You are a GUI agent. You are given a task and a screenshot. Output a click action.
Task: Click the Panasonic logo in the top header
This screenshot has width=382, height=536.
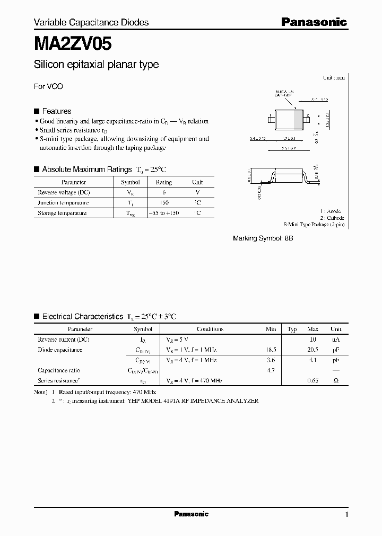(314, 22)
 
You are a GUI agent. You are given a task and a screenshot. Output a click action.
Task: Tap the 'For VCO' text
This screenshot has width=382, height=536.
(48, 86)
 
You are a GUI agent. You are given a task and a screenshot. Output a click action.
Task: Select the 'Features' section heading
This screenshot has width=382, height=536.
(56, 111)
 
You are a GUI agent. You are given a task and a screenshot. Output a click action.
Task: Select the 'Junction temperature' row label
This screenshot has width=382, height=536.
(63, 203)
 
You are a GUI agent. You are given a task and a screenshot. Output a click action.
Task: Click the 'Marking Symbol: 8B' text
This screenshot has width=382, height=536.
(263, 239)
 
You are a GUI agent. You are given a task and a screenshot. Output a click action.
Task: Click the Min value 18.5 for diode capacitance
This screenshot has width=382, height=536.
(271, 350)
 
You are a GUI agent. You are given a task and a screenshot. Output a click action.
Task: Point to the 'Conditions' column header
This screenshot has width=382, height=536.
(210, 329)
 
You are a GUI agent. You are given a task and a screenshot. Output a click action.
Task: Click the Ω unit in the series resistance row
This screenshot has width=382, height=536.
(336, 381)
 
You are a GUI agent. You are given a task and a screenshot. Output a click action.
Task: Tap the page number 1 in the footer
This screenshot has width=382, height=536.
(346, 515)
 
